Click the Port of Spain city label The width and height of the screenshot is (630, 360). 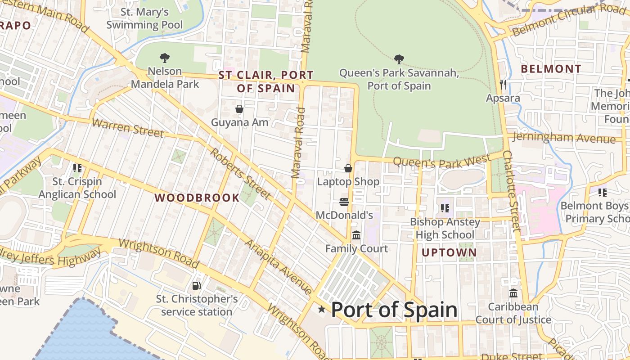394,310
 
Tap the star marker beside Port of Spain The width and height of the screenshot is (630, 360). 322,309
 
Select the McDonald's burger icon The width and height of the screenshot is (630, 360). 344,202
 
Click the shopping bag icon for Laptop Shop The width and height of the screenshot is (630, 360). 348,168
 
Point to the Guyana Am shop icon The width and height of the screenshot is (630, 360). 239,109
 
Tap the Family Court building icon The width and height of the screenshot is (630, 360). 356,235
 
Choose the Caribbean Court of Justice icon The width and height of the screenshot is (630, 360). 513,293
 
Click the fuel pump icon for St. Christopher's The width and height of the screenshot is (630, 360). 196,285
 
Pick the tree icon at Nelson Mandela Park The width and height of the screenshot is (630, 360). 165,58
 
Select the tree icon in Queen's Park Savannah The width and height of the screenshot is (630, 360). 399,59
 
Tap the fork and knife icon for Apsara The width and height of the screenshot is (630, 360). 503,84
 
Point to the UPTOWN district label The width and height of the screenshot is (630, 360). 449,253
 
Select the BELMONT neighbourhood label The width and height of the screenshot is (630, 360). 551,69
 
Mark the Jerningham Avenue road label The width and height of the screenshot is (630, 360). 564,137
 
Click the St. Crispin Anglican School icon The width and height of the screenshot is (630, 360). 77,168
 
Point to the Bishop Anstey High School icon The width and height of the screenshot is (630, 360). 445,208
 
